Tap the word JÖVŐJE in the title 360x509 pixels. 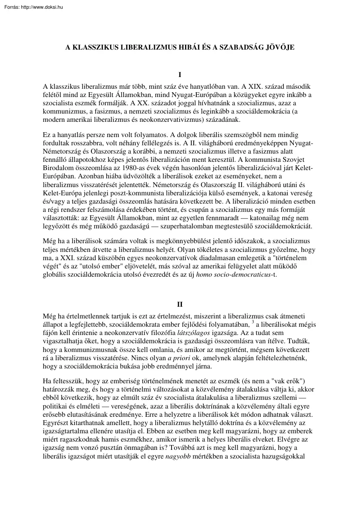coord(279,48)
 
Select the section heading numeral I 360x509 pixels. coord(180,75)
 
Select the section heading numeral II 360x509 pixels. coord(180,304)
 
